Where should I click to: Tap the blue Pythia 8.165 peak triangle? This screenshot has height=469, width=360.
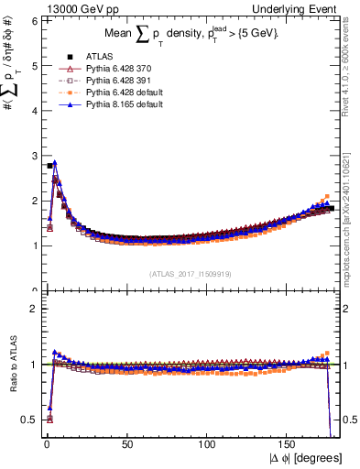click(x=55, y=163)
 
